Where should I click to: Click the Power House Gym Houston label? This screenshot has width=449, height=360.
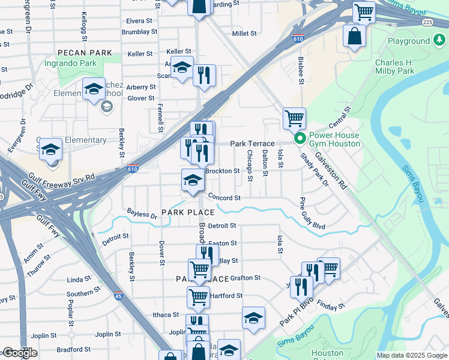(335, 139)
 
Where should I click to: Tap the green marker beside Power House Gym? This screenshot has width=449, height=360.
(299, 139)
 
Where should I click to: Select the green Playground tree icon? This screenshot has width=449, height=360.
(440, 41)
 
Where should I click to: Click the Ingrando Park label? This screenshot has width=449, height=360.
(70, 63)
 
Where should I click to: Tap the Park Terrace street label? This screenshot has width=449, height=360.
(252, 144)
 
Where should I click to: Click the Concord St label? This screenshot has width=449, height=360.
(224, 197)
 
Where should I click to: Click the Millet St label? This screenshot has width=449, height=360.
(244, 34)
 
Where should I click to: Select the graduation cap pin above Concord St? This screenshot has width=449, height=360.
(192, 181)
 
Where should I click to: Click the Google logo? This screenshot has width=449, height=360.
(20, 353)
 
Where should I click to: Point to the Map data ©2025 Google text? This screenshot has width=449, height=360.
(412, 355)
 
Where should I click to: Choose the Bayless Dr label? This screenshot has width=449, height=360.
(142, 213)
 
